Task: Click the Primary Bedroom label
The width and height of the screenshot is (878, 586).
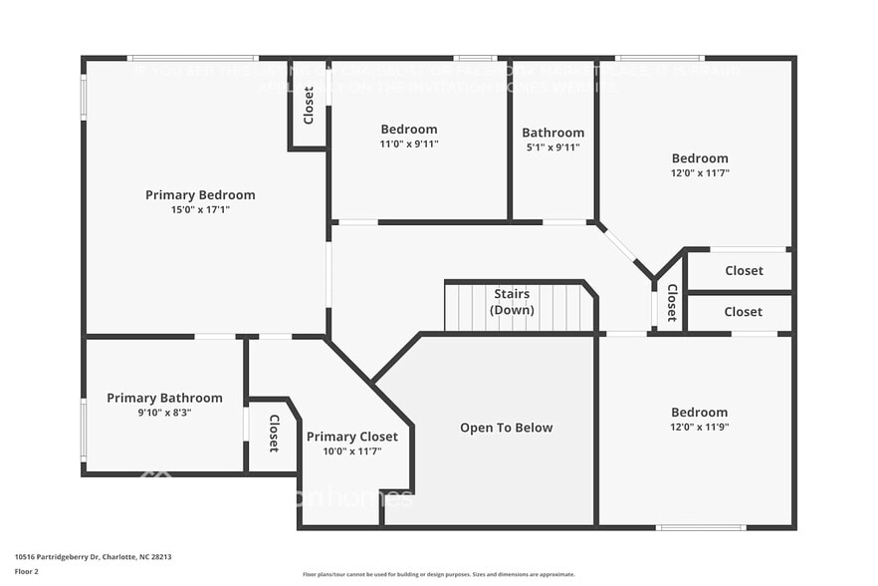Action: coord(200,195)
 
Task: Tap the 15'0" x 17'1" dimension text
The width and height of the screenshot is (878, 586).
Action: coord(200,210)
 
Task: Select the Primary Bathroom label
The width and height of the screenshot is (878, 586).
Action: coord(164,399)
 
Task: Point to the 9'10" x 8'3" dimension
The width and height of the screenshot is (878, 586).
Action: coord(164,413)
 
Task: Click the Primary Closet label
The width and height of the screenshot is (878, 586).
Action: coord(351,437)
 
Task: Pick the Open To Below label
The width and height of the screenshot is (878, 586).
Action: coord(506,428)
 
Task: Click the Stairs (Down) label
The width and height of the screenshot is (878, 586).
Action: coord(512,302)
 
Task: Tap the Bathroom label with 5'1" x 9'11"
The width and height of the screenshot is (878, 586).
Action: coord(552,133)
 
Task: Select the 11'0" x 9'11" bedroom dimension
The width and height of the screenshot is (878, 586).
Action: coord(408,144)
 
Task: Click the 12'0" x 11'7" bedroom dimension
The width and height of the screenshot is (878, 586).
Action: coord(699,172)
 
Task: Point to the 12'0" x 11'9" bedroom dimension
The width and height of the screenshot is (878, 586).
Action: coord(699,427)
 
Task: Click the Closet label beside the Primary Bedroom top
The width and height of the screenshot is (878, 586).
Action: coord(309,106)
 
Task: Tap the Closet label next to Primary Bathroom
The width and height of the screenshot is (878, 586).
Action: coord(274,434)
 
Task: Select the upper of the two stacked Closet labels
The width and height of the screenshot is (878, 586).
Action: coord(744,270)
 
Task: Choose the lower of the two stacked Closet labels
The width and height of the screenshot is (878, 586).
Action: coord(743,312)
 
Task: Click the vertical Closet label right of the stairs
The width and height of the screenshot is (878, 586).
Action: coord(672,303)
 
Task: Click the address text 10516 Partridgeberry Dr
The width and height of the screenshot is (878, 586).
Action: coord(86,557)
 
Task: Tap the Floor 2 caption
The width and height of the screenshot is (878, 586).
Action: coord(26,572)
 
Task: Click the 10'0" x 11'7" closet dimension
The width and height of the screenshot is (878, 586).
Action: coord(351,451)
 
